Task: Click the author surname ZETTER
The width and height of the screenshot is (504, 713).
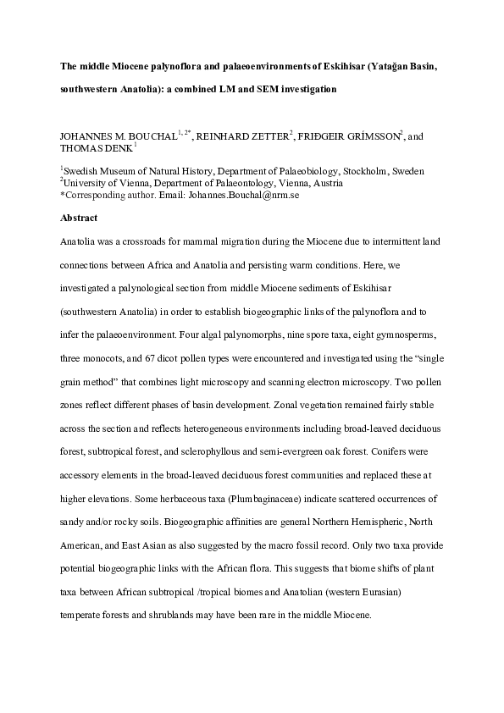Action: coord(269,135)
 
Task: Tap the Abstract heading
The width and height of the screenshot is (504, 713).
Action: coord(79,218)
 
